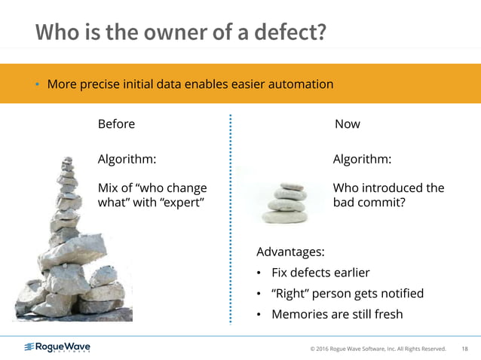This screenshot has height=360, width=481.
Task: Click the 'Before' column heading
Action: tap(116, 124)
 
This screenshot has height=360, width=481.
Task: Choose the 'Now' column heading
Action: tap(347, 124)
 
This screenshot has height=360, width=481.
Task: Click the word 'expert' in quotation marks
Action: tap(179, 203)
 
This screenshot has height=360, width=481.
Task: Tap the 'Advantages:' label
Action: tap(291, 251)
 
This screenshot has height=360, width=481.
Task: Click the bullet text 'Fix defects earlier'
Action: tap(320, 272)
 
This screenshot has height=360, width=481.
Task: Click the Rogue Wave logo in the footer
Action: tap(57, 347)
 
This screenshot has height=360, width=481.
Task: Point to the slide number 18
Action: tap(464, 348)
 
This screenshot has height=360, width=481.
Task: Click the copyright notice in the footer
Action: tap(378, 348)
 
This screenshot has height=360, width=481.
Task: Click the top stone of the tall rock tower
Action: tap(67, 161)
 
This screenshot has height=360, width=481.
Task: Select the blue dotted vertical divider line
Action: tap(230, 218)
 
